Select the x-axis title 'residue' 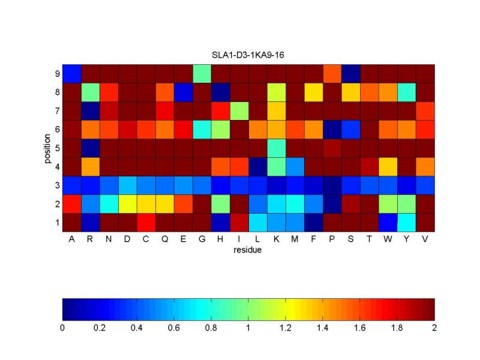click(x=248, y=250)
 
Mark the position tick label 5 click(x=56, y=148)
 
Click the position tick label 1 click(x=56, y=223)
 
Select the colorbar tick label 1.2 click(x=286, y=328)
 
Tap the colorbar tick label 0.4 click(x=137, y=328)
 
